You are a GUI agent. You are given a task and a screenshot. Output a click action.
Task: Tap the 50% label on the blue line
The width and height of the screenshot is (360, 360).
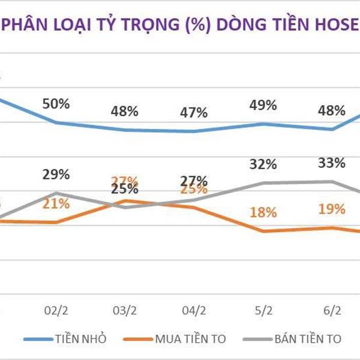click(x=56, y=103)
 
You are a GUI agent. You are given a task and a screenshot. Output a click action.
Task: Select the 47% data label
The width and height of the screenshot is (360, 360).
click(x=194, y=112)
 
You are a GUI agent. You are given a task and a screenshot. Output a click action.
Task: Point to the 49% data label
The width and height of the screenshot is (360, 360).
click(x=263, y=105)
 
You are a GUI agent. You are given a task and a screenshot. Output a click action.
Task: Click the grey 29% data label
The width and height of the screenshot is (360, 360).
click(x=56, y=175)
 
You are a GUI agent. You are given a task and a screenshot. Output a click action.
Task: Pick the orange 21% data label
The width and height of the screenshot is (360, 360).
click(x=56, y=203)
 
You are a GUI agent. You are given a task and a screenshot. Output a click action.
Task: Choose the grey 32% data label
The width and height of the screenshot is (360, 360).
click(x=263, y=164)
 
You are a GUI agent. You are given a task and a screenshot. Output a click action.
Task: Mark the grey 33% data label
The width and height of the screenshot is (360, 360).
click(x=332, y=163)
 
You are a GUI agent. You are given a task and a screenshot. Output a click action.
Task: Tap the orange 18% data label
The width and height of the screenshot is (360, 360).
click(x=263, y=212)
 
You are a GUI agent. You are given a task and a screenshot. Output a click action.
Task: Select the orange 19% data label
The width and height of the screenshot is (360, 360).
click(x=332, y=209)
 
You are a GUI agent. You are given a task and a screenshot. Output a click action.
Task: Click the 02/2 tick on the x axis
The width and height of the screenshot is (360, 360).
click(x=56, y=311)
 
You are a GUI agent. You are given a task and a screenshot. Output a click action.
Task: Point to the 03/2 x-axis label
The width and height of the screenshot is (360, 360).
click(x=125, y=311)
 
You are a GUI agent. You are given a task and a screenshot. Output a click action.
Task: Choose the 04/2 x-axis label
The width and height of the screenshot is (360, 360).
click(x=194, y=311)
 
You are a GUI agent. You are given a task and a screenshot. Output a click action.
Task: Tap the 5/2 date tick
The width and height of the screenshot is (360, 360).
click(x=263, y=311)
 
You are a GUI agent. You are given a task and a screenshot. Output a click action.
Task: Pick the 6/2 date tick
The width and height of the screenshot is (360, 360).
click(x=332, y=311)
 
